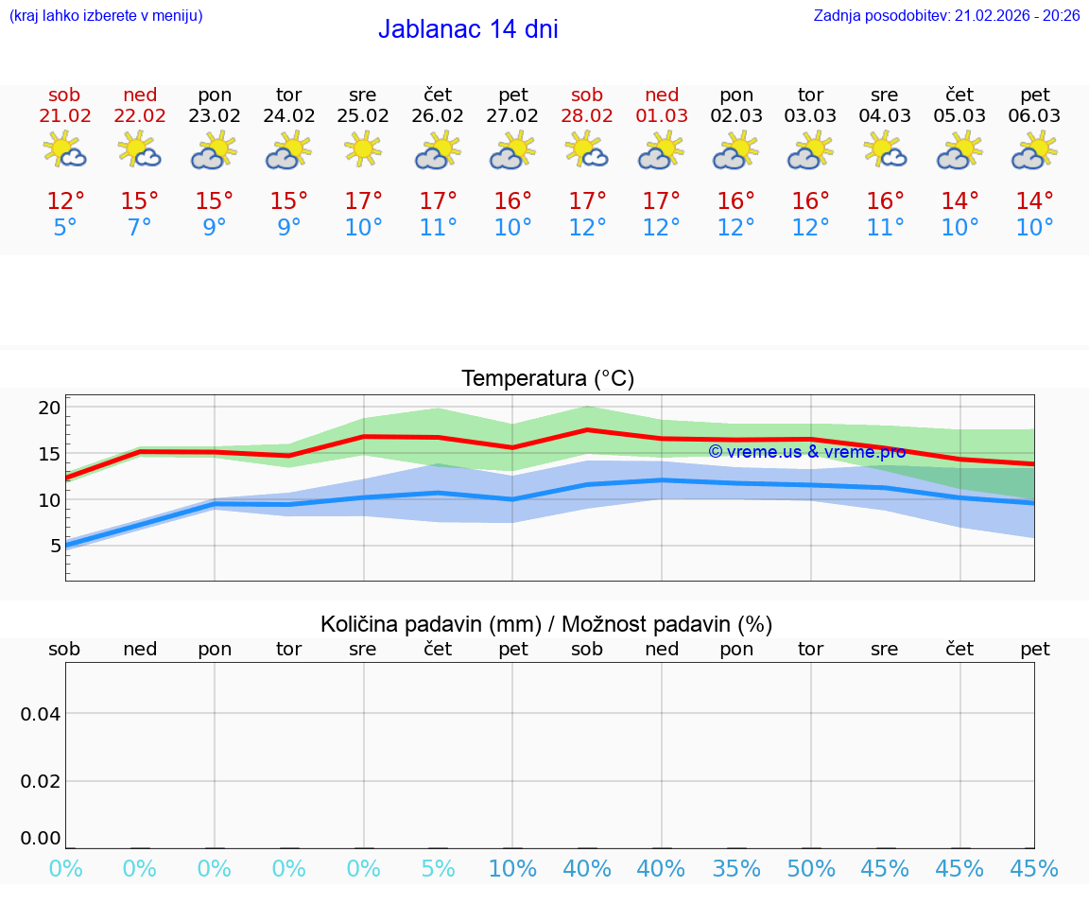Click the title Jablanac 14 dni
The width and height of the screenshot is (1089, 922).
[x=468, y=29]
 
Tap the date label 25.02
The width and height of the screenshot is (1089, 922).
[x=363, y=116]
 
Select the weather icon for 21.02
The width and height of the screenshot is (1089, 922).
[x=64, y=150]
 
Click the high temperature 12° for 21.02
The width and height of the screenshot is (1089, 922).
[x=65, y=201]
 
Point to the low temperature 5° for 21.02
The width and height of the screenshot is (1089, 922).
[x=65, y=228]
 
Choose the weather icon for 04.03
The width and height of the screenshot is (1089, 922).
[x=885, y=150]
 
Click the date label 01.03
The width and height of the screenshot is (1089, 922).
[x=662, y=116]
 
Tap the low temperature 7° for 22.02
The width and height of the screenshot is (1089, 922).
[x=140, y=228]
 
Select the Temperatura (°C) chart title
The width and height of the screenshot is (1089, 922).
[x=547, y=379]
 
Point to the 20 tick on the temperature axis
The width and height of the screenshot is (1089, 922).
[x=49, y=409]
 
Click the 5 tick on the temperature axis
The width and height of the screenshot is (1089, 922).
[x=55, y=546]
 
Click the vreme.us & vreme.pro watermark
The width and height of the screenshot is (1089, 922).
[x=806, y=452]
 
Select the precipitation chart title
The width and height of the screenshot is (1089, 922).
[x=546, y=624]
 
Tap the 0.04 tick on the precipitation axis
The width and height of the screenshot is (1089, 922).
[x=41, y=714]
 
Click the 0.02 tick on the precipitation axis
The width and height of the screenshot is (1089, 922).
[x=41, y=781]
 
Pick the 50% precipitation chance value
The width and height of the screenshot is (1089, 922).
[x=811, y=869]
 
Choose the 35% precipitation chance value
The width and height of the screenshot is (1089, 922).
[x=736, y=869]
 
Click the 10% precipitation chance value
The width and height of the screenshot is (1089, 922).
[x=512, y=869]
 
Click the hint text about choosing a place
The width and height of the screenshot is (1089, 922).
[x=106, y=16]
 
